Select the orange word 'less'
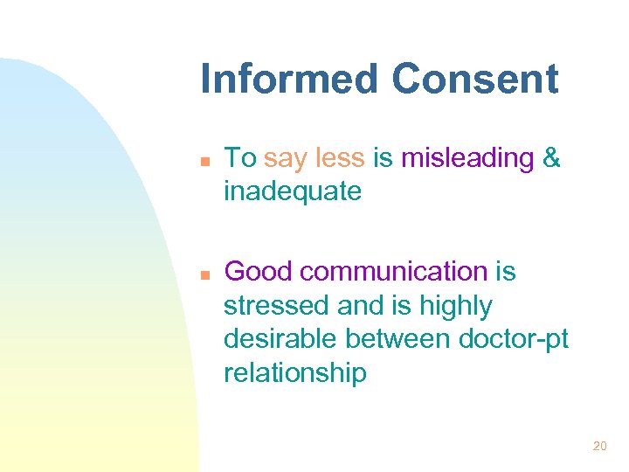pyautogui.click(x=341, y=158)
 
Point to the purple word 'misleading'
pyautogui.click(x=467, y=158)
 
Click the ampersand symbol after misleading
pyautogui.click(x=551, y=158)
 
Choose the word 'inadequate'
pyautogui.click(x=293, y=191)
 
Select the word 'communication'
pyautogui.click(x=395, y=272)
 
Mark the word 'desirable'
pyautogui.click(x=280, y=340)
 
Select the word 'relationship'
pyautogui.click(x=295, y=374)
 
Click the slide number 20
pyautogui.click(x=599, y=446)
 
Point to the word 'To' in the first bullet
pyautogui.click(x=240, y=158)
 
